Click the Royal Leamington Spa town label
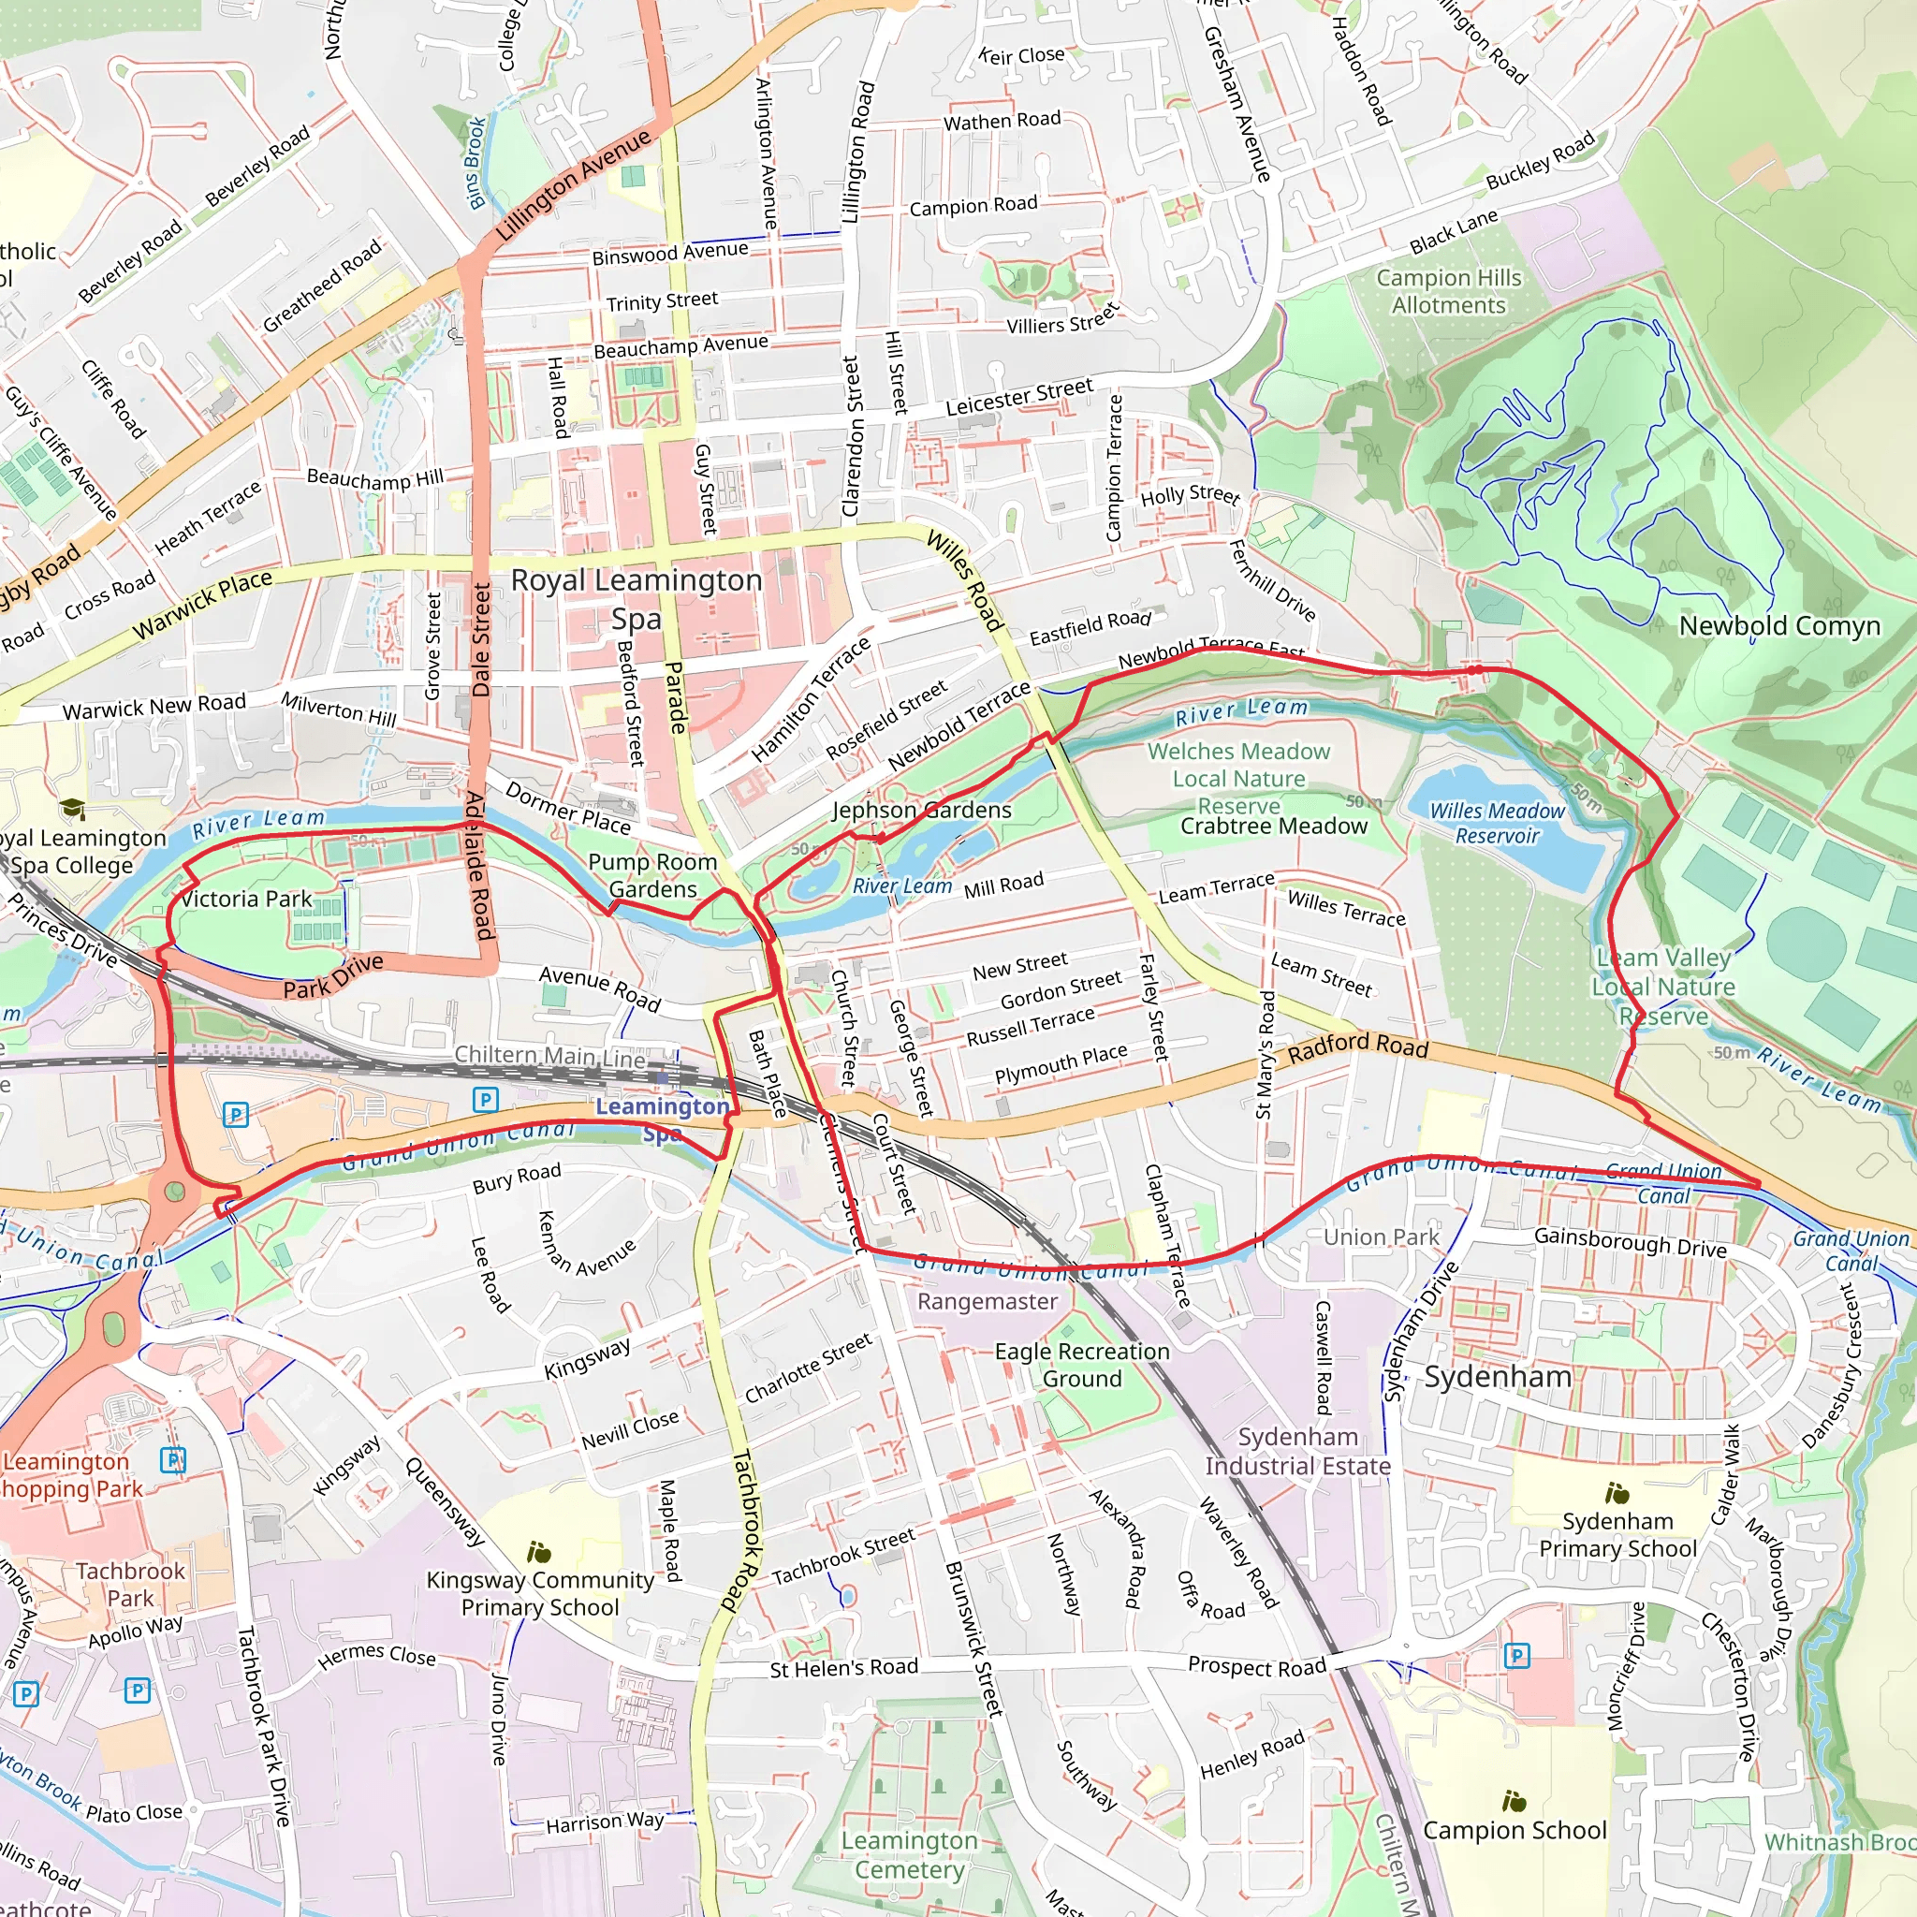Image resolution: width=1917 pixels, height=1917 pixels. tap(636, 598)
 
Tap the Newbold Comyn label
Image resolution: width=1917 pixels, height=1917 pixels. tap(1779, 626)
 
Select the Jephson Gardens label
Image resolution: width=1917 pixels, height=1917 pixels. tap(922, 810)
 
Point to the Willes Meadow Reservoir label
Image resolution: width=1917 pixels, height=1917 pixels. tap(1497, 823)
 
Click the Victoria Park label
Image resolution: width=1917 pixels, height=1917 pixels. tap(246, 899)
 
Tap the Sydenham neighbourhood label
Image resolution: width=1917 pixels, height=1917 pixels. tap(1498, 1376)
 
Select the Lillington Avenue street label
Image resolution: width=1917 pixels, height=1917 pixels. tap(574, 184)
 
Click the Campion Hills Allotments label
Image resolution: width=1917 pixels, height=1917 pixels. tap(1448, 291)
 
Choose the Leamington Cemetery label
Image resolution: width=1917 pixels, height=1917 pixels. tap(909, 1854)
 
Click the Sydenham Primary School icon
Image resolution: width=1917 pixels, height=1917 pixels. tap(1617, 1492)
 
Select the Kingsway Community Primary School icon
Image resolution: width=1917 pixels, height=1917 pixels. tap(540, 1551)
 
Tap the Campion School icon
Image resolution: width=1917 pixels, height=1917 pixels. tap(1515, 1801)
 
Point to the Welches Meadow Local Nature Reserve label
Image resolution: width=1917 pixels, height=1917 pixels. tap(1238, 778)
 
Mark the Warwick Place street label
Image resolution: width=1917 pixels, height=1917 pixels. tap(202, 605)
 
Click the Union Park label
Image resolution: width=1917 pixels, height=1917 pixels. tap(1381, 1237)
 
